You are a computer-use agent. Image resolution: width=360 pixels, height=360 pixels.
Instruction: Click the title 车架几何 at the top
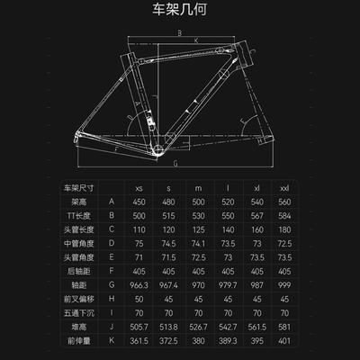(179, 9)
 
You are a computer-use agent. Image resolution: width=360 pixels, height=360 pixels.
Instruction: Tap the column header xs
(139, 188)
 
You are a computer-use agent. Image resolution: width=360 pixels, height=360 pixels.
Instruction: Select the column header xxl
(284, 188)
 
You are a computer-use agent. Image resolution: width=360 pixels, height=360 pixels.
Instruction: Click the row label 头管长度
(79, 229)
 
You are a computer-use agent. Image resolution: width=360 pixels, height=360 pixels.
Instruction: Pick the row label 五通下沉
(79, 313)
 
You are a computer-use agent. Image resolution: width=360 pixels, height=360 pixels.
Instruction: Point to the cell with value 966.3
(139, 285)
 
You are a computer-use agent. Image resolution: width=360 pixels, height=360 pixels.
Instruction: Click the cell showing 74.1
(198, 244)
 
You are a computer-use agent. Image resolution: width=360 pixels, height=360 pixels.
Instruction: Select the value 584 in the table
(284, 216)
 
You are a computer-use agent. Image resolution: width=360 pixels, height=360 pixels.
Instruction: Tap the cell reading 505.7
(139, 327)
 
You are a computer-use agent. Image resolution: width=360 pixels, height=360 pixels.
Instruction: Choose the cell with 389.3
(228, 341)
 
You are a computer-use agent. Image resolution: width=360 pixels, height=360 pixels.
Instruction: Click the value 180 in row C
(284, 229)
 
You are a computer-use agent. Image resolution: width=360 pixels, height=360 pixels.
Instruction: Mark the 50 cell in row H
(139, 299)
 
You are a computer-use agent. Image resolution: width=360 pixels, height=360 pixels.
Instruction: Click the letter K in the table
(112, 340)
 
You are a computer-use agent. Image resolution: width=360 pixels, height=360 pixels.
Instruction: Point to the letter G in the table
(112, 284)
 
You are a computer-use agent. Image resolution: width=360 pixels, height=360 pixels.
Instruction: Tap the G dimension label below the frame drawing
(175, 163)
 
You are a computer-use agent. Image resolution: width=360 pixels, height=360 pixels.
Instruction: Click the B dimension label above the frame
(180, 32)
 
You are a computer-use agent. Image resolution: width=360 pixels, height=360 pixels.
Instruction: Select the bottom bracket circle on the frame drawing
(158, 148)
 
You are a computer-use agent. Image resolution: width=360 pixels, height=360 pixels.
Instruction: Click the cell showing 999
(284, 285)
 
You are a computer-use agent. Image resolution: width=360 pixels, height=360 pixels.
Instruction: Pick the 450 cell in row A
(139, 202)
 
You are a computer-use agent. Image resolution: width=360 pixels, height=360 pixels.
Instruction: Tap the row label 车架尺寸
(79, 188)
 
